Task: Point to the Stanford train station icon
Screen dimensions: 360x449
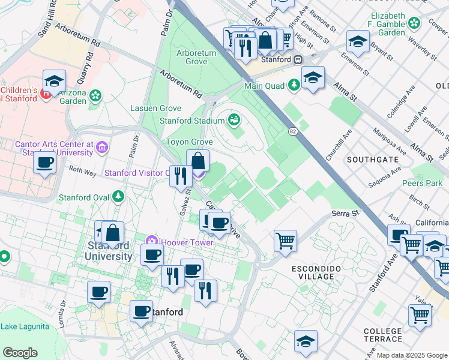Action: click(x=297, y=60)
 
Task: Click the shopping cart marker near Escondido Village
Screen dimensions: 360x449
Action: click(x=285, y=241)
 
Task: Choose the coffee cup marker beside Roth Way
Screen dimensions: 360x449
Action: click(x=45, y=163)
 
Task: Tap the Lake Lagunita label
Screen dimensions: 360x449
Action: click(x=25, y=326)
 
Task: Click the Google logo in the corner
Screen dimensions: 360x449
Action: click(x=20, y=353)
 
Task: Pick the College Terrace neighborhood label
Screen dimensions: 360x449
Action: click(x=382, y=335)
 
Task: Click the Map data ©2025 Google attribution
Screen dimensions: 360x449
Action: click(x=411, y=355)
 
